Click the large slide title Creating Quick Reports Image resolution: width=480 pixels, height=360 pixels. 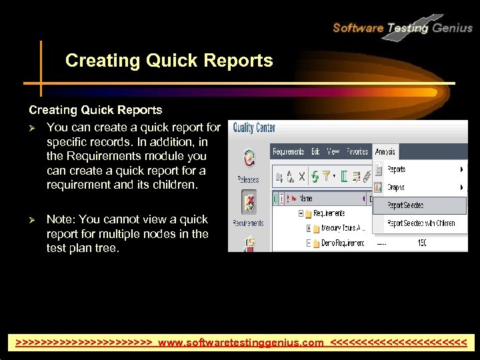coord(169,61)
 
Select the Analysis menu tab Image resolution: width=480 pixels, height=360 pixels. coord(385,152)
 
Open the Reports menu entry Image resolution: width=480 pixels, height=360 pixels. coord(397,169)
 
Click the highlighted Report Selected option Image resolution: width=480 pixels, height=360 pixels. coord(405,205)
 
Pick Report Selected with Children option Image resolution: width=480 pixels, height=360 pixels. coord(421,223)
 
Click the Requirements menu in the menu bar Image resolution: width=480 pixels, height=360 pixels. coord(288,152)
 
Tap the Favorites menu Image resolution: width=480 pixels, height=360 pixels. coord(357,152)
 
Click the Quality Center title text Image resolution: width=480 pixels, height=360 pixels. coord(254,128)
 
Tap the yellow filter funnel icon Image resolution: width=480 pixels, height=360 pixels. coord(327,177)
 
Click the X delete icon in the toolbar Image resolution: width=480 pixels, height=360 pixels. coord(301,177)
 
